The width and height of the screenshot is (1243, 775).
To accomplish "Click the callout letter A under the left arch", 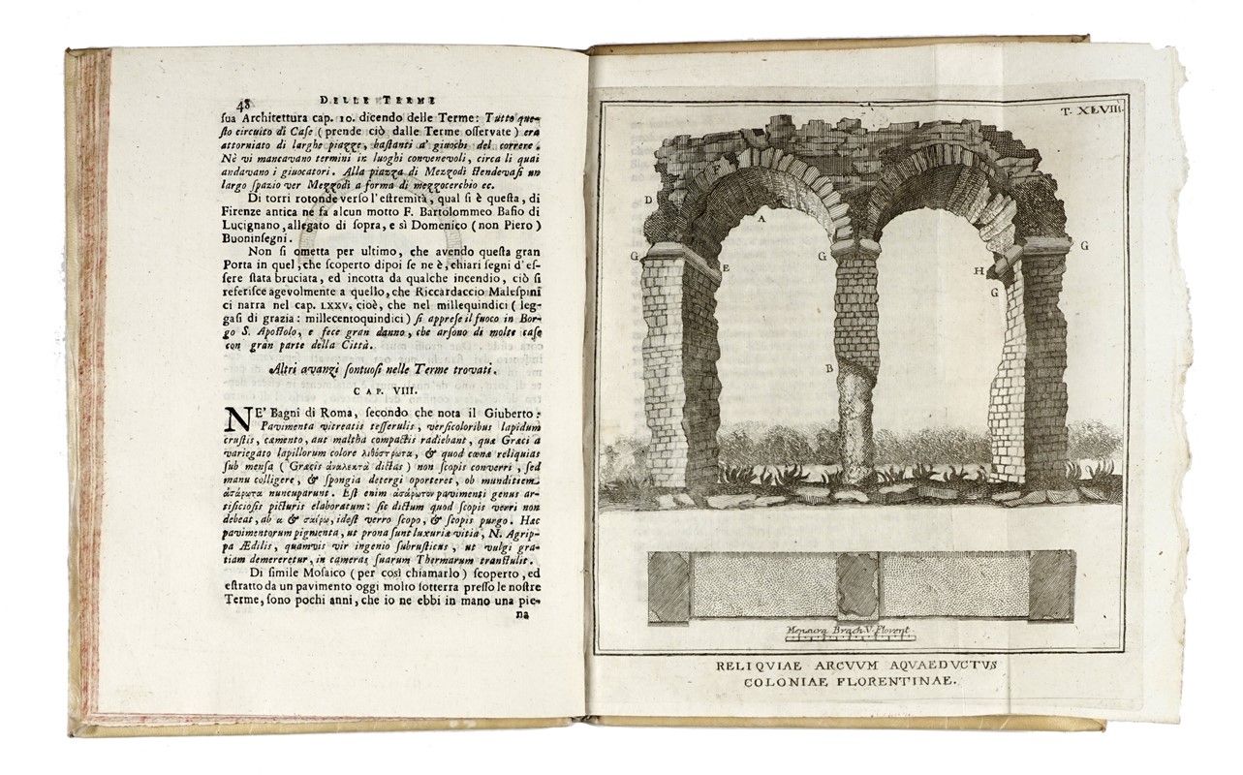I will pos(762,219).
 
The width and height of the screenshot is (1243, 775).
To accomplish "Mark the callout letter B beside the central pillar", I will pos(828,368).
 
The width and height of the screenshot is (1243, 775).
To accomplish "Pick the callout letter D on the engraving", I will pos(647,200).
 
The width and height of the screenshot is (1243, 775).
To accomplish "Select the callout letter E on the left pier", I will pos(725,265).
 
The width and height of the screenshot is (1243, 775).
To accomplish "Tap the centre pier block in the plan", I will pos(856,585).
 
